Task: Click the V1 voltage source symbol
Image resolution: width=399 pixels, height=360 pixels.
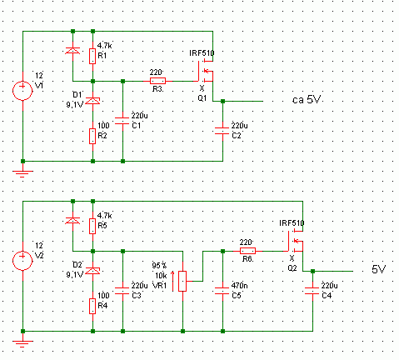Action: [22, 91]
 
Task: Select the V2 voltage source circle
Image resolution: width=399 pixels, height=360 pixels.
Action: [22, 261]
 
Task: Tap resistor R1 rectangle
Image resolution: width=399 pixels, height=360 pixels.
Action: [92, 56]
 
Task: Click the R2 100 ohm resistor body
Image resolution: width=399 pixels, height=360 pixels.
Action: [92, 136]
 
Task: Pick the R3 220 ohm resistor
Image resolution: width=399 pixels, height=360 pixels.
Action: [157, 81]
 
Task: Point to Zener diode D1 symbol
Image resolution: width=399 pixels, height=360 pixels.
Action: [92, 101]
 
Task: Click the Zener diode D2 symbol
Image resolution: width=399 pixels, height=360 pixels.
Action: [92, 271]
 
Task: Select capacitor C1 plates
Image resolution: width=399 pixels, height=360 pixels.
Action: [122, 121]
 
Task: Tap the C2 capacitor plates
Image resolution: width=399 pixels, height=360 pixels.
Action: [222, 131]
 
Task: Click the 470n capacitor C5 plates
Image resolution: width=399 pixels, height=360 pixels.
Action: [222, 291]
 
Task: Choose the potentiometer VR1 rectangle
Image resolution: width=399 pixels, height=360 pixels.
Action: [182, 281]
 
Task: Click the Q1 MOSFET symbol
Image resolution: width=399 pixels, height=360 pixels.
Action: [206, 71]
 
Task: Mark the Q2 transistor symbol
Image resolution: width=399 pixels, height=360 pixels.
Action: [296, 241]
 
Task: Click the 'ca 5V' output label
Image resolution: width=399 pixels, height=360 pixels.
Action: [307, 99]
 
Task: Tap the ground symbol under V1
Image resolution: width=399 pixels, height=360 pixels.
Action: [22, 174]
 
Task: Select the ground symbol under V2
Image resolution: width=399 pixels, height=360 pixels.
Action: [22, 344]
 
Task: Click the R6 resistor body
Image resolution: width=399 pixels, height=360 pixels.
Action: [247, 251]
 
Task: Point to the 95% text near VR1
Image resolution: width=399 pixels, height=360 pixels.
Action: [159, 266]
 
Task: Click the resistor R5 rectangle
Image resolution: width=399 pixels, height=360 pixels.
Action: [92, 226]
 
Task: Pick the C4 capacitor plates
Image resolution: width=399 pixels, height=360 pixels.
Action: [312, 291]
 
